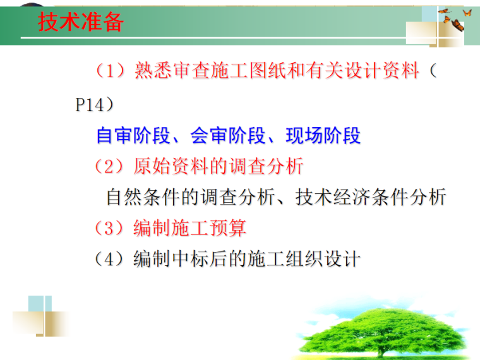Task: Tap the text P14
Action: click(88, 104)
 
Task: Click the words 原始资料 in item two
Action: click(171, 167)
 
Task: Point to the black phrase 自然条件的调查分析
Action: click(190, 197)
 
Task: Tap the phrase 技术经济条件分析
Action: click(371, 197)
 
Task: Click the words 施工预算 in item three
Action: click(209, 228)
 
